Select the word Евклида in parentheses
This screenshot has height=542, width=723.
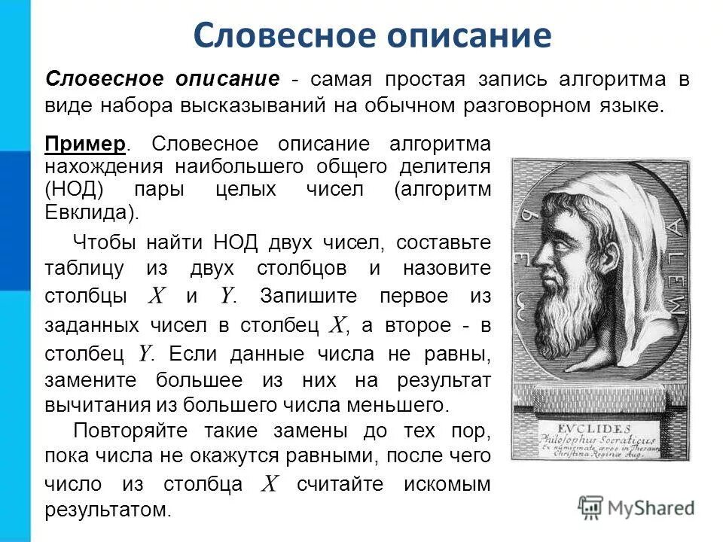[90, 212]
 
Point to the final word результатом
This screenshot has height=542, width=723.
[108, 510]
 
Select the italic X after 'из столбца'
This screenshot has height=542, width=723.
[269, 484]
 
